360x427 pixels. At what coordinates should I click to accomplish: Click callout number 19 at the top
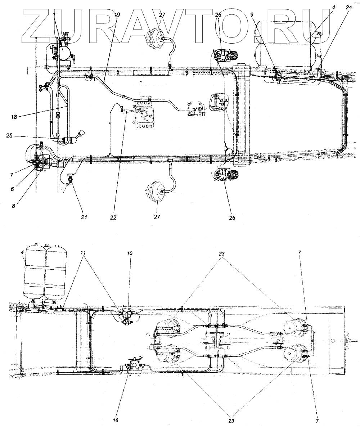coord(117,15)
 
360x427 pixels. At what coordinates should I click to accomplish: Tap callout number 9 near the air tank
coord(252,15)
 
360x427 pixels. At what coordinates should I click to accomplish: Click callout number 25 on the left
coord(10,136)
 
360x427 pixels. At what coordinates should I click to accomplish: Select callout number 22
coord(114,217)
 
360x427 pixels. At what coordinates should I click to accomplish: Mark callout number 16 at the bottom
coord(115,420)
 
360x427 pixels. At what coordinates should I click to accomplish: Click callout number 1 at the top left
coord(54,14)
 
